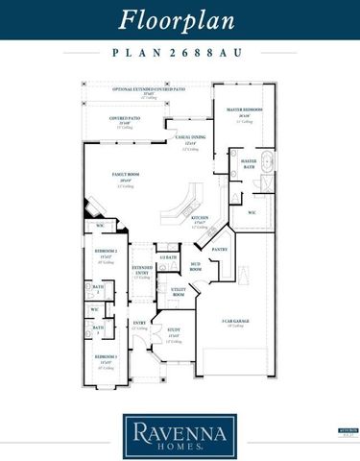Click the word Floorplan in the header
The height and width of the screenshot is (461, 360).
(x=180, y=20)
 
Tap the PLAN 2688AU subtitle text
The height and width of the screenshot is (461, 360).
(x=180, y=55)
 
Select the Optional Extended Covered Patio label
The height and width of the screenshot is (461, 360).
(x=149, y=89)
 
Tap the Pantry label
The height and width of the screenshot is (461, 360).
(x=219, y=249)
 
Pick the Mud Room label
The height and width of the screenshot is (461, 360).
(x=195, y=268)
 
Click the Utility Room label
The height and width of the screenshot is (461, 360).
(x=178, y=290)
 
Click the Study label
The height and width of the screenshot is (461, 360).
(x=174, y=332)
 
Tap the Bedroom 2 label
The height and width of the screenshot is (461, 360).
(x=106, y=253)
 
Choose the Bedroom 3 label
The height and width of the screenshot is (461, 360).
(x=106, y=357)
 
